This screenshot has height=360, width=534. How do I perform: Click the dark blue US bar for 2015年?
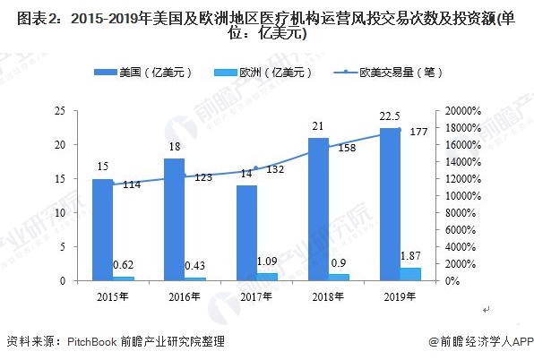[x=102, y=229]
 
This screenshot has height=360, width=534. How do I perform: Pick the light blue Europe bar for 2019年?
[x=410, y=274]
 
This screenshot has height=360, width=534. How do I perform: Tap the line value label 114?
[x=132, y=184]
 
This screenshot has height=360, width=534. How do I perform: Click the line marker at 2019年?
[x=400, y=130]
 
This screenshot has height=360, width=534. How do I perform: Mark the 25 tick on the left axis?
[x=59, y=111]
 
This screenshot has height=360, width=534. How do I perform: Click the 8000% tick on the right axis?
[x=461, y=213]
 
